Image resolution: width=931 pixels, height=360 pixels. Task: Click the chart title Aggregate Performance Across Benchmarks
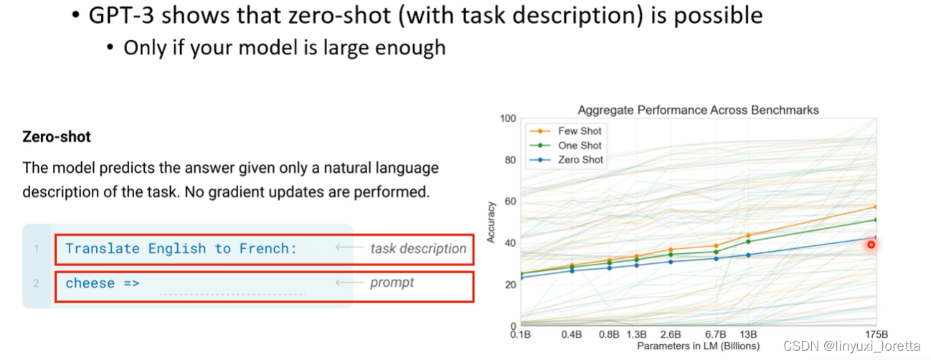pyautogui.click(x=698, y=110)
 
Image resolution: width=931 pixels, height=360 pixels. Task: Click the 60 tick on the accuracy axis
pyautogui.click(x=511, y=202)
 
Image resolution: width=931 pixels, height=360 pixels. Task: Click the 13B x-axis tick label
pyautogui.click(x=748, y=335)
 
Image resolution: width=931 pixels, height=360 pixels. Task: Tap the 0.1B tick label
pyautogui.click(x=519, y=335)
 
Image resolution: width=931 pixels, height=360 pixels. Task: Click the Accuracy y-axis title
pyautogui.click(x=491, y=222)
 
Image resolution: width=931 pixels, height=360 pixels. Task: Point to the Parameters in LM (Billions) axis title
pyautogui.click(x=698, y=346)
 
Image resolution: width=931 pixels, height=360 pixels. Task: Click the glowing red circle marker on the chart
pyautogui.click(x=871, y=245)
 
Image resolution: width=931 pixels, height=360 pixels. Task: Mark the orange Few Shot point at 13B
pyautogui.click(x=748, y=235)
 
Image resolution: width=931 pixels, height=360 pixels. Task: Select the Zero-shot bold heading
pyautogui.click(x=57, y=136)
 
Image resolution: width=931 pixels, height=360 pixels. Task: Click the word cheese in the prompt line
pyautogui.click(x=90, y=283)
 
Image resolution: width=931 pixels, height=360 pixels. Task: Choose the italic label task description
pyautogui.click(x=418, y=249)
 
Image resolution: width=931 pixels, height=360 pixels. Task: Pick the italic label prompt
pyautogui.click(x=392, y=283)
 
